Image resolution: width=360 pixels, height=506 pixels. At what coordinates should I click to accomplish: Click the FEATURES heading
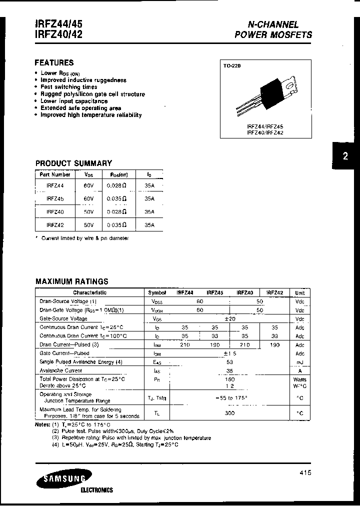point(54,63)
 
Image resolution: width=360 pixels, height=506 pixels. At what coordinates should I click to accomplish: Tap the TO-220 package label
point(231,65)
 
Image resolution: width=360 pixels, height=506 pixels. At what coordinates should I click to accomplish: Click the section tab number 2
point(345,156)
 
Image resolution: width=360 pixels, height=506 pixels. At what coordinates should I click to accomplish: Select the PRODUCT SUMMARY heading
point(73,163)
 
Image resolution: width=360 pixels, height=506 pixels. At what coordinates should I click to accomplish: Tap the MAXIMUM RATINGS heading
point(71,281)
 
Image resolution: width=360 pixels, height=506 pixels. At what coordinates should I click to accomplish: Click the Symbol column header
point(156,292)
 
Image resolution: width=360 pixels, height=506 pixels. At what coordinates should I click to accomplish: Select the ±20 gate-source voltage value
point(230,318)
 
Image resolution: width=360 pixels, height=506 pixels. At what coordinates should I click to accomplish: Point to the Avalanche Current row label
point(61,370)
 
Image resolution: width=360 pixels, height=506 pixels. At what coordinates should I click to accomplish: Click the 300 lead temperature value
point(230,413)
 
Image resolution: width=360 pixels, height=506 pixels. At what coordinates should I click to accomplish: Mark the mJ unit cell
point(299,362)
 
